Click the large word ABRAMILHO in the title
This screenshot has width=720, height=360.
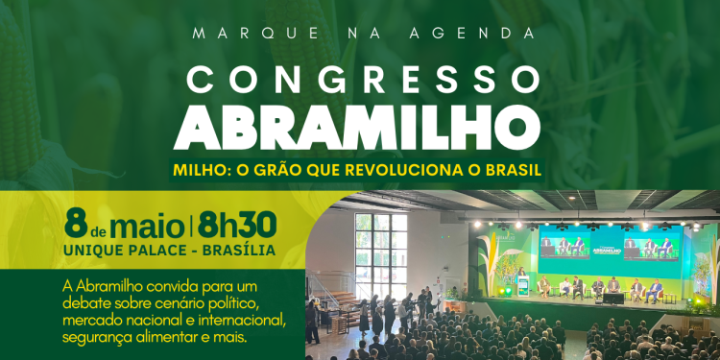(x=359, y=124)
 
